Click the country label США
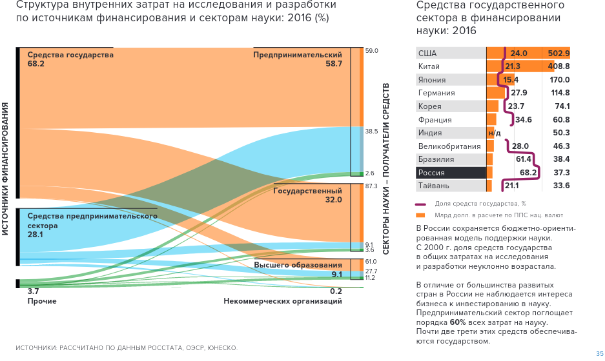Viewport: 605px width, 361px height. (427, 54)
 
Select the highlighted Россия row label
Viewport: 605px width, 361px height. (431, 173)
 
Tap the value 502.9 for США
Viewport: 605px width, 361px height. (559, 54)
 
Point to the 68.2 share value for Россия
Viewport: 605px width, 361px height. (529, 173)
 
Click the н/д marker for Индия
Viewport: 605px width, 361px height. (495, 133)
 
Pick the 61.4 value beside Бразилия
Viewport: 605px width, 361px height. (523, 159)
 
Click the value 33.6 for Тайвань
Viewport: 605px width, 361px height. (562, 186)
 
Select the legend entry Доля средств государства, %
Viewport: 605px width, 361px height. (480, 204)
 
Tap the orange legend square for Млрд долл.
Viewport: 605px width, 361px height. (420, 215)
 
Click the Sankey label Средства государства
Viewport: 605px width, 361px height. (70, 55)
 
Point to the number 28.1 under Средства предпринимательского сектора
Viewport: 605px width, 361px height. (35, 235)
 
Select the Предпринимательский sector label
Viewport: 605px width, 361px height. (298, 55)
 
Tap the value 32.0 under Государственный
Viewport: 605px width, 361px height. (334, 200)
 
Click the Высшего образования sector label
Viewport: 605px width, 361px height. (298, 265)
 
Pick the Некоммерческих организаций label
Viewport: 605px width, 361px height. (283, 301)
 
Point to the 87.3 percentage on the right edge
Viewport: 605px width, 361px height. (371, 186)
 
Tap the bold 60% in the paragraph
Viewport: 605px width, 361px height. (458, 322)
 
